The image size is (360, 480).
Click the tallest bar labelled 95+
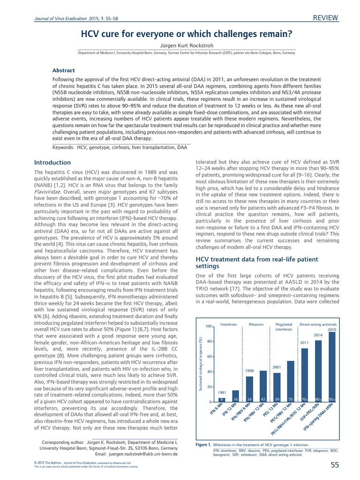click(332, 367)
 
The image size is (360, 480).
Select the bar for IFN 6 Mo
click(223, 399)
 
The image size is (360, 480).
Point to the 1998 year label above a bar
click(249, 371)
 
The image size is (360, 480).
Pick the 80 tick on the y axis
click(210, 341)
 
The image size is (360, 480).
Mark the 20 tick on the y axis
click(210, 387)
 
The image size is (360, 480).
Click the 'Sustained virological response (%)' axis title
click(200, 363)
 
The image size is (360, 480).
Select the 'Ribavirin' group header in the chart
click(256, 324)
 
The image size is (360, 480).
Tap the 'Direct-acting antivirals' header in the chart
click(318, 324)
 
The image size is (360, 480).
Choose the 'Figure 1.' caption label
click(202, 443)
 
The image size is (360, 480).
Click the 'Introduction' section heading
click(52, 163)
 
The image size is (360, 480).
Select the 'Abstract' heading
click(63, 70)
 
